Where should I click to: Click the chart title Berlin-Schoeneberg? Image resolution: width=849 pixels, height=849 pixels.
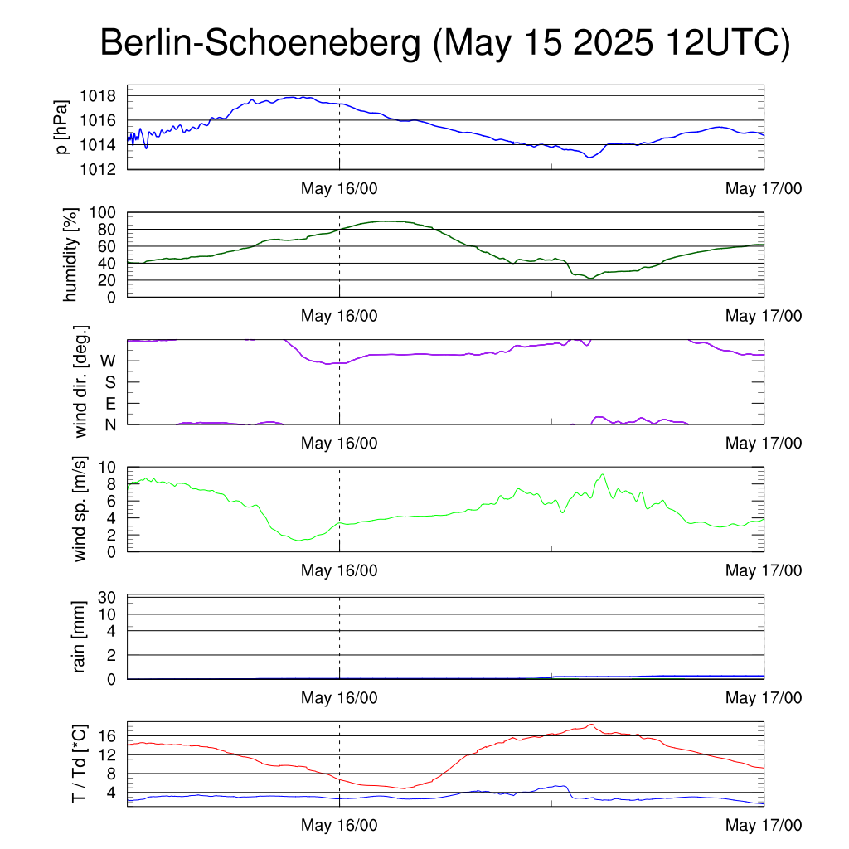point(260,43)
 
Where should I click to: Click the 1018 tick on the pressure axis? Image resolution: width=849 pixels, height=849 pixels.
point(98,96)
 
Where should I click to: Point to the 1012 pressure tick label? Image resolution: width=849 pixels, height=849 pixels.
point(98,169)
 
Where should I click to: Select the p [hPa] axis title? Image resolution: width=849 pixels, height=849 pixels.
point(62,127)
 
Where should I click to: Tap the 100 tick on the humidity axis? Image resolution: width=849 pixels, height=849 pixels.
point(103,212)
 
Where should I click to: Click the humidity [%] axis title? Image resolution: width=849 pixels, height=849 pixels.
point(70,255)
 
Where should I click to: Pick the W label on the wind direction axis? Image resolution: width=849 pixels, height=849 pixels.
point(108,361)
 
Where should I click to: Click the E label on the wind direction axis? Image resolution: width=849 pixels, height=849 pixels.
point(110,404)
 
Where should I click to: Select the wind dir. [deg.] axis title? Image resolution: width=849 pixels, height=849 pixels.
point(80,381)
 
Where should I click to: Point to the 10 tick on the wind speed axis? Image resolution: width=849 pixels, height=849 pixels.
point(107,467)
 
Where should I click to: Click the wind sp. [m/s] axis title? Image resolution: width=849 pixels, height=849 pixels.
point(80,509)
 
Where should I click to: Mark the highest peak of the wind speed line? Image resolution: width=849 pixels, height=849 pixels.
point(602,475)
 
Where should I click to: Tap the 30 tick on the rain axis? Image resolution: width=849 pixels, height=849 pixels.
point(107,597)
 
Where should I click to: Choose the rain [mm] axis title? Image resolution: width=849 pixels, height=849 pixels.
point(79,637)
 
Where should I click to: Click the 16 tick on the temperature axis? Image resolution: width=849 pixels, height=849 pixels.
point(107,736)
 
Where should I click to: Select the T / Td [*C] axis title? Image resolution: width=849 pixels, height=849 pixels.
point(79,764)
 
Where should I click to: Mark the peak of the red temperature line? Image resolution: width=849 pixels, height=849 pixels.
point(591,725)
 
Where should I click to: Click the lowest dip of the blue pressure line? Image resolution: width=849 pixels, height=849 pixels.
point(589,157)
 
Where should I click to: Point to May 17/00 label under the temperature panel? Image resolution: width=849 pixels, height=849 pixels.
point(764,825)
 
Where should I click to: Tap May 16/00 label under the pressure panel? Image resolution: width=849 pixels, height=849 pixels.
point(339,188)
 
